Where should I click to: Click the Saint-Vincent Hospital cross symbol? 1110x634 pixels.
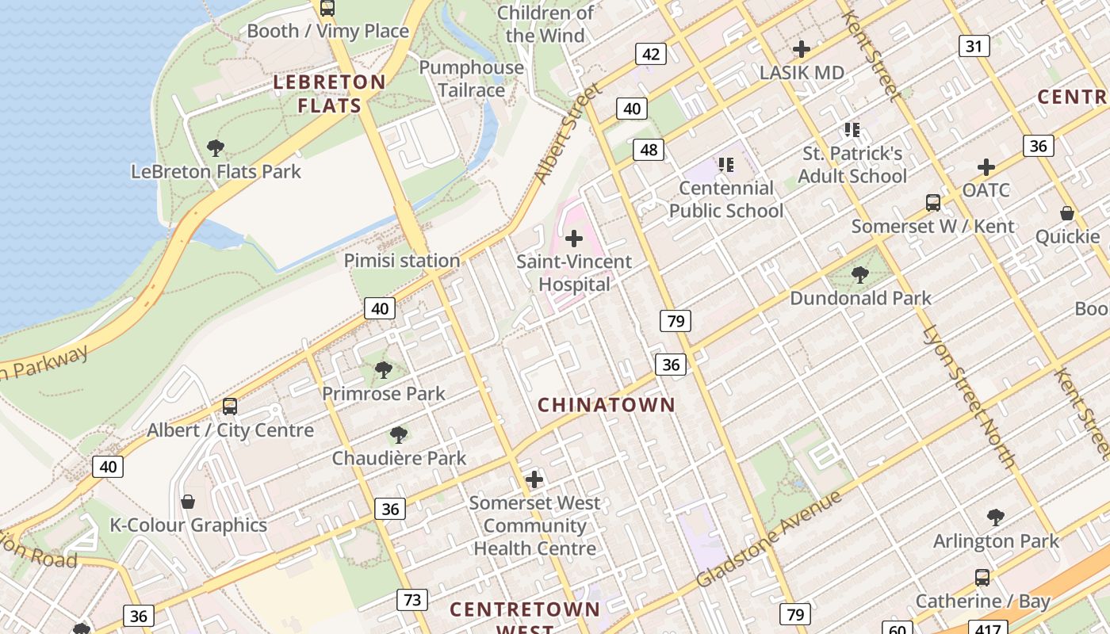click(573, 238)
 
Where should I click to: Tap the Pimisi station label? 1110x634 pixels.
click(401, 261)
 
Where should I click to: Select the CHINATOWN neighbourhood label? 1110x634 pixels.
click(607, 405)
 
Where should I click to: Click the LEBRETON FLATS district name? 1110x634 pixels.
click(329, 94)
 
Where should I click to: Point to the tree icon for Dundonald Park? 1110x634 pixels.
click(859, 275)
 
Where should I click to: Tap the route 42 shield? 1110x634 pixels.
click(651, 54)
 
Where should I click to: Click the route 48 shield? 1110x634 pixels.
click(649, 149)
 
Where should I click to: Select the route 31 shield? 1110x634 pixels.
click(974, 46)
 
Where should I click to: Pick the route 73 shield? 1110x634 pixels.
click(412, 600)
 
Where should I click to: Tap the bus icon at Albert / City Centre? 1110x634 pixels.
click(230, 407)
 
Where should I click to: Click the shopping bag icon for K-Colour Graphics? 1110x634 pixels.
click(188, 502)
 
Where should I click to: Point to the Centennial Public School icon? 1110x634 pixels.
click(725, 165)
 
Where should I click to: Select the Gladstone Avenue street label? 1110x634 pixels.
click(767, 540)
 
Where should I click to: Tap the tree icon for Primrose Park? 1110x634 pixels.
click(384, 369)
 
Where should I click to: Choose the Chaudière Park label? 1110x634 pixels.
click(399, 458)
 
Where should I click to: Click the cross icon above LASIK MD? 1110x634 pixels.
click(802, 49)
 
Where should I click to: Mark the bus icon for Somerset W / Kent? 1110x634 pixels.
click(933, 203)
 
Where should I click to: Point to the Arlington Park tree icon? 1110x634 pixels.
click(996, 518)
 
